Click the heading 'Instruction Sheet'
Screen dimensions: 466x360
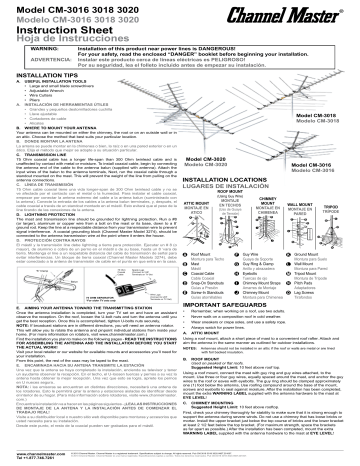click(x=54, y=30)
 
